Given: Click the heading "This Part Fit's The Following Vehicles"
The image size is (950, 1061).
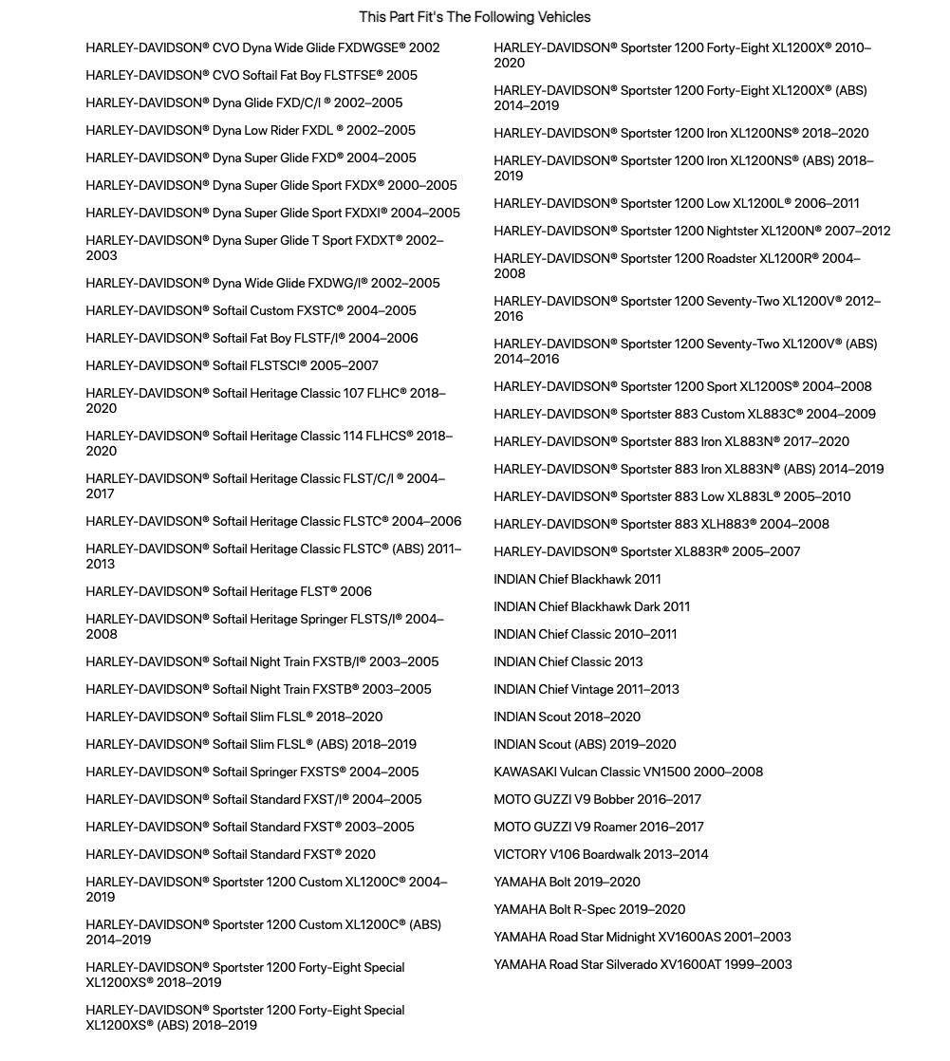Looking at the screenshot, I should coord(475,17).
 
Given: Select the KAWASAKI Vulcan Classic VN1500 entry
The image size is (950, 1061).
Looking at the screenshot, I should coord(628,772).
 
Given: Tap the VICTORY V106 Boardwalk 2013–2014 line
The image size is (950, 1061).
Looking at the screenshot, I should coord(601,854).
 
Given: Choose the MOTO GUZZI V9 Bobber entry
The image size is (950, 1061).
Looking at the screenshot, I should coord(597,799).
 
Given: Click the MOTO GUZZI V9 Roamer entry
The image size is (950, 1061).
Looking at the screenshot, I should coord(599,827).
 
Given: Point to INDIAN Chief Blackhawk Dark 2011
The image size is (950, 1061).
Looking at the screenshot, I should coord(591,606).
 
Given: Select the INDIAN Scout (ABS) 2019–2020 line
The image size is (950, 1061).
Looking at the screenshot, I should coord(585,744).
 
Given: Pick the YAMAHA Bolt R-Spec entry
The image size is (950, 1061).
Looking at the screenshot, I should coord(589,909).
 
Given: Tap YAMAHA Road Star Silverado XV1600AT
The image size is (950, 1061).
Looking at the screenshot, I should coord(643,964).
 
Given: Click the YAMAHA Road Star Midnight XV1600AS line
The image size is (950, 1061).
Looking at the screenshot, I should coord(643,937).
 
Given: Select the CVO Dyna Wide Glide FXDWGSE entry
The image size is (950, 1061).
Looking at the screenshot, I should coord(263,47).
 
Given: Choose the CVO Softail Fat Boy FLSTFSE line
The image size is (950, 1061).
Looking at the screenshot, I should coord(251,75).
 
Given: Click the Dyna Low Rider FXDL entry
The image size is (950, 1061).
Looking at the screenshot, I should coord(251,130).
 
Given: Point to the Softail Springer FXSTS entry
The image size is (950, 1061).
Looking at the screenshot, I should coord(252,772).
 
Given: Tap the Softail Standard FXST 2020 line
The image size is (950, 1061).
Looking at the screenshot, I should coord(231,854).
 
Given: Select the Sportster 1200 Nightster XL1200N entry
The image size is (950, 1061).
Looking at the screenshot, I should coord(692,231).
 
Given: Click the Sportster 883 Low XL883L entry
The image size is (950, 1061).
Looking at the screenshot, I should coord(672,496).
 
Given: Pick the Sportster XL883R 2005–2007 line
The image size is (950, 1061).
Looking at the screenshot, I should coord(647,551).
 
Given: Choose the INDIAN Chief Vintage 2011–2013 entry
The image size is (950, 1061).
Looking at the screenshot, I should coord(587,689).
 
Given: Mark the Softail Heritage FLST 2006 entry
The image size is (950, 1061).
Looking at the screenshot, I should coord(229,591).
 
